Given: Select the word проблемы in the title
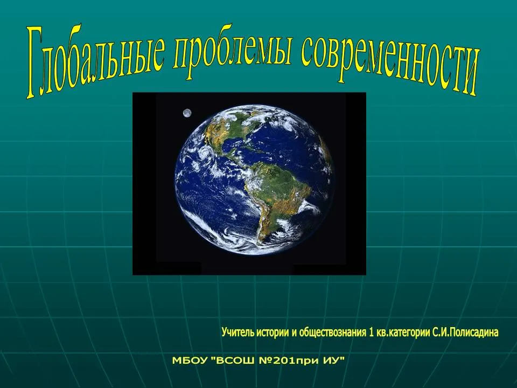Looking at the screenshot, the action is [233, 53].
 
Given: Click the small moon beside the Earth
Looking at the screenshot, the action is [187, 113].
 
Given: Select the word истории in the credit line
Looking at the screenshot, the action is [273, 332].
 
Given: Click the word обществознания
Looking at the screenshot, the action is [332, 332].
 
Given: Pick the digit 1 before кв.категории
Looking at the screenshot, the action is [371, 332].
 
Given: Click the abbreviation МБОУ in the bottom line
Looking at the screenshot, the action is [190, 361].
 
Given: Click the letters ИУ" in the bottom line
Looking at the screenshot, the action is [334, 360].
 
